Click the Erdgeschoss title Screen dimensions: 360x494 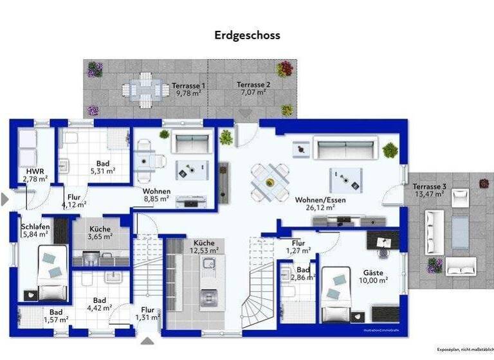247,35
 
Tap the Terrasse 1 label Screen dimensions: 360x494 188,85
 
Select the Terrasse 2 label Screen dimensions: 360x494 253,85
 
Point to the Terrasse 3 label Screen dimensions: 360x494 430,186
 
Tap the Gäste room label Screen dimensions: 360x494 373,273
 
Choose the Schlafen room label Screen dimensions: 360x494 35,227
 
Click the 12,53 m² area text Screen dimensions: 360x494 205,250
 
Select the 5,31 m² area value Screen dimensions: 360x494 102,172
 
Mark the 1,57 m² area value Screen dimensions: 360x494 55,319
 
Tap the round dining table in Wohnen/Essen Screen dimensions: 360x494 270,181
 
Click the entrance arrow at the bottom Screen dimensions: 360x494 147,341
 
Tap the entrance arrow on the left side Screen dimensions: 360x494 6,199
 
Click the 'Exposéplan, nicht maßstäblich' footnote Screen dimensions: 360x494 465,349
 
